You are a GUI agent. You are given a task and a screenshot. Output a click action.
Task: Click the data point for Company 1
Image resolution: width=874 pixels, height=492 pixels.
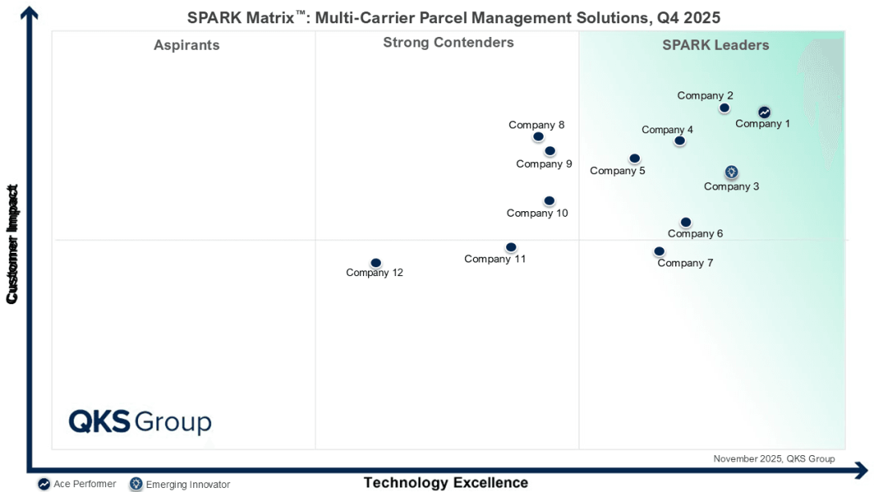click(x=764, y=112)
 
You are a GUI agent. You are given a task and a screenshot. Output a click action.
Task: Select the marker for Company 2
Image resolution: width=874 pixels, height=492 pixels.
click(x=724, y=108)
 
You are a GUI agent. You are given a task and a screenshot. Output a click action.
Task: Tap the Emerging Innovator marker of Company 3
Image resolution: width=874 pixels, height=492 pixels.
click(x=731, y=172)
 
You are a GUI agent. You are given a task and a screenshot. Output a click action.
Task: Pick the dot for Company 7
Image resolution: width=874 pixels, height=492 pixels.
click(x=659, y=251)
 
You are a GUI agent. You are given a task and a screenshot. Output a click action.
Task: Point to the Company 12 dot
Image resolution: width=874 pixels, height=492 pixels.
click(x=375, y=262)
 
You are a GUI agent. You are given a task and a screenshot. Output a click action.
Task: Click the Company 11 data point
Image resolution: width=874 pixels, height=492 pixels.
click(x=511, y=247)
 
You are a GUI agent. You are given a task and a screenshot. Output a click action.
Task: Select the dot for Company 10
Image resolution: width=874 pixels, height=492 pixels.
click(x=549, y=201)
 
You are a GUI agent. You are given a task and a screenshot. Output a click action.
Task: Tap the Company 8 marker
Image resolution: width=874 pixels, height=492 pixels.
click(x=538, y=136)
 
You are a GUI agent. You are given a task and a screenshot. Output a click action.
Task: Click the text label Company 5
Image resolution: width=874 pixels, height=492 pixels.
click(x=617, y=170)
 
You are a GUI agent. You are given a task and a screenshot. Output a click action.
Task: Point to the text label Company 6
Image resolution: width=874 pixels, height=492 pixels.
click(x=695, y=234)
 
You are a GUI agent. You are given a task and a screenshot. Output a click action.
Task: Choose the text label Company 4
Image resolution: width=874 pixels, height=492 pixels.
click(x=667, y=130)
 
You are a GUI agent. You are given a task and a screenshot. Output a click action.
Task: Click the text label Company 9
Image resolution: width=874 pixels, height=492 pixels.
click(x=544, y=164)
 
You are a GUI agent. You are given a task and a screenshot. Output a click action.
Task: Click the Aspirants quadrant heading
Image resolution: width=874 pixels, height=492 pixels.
click(x=186, y=45)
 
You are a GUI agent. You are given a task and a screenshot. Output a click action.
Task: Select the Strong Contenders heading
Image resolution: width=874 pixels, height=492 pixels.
click(x=448, y=43)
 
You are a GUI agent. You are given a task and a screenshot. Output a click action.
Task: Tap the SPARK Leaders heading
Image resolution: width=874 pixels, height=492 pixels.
click(x=715, y=45)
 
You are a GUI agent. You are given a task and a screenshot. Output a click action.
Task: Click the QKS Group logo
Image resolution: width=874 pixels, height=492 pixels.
click(x=140, y=421)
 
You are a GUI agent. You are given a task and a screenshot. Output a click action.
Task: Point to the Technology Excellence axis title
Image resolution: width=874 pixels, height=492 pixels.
click(x=446, y=482)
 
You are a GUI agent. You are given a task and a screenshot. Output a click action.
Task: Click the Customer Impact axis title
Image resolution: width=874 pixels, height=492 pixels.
click(x=12, y=245)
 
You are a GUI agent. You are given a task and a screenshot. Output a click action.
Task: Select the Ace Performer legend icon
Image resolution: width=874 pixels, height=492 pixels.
click(x=44, y=484)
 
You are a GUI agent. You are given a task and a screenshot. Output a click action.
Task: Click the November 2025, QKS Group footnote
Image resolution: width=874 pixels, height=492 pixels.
click(x=774, y=459)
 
